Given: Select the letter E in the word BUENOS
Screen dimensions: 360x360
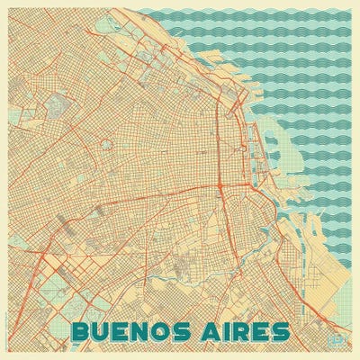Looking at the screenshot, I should (124, 331).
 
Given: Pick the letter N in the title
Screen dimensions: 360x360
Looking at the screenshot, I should (147, 331).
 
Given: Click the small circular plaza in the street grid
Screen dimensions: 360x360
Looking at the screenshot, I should (107, 143).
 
